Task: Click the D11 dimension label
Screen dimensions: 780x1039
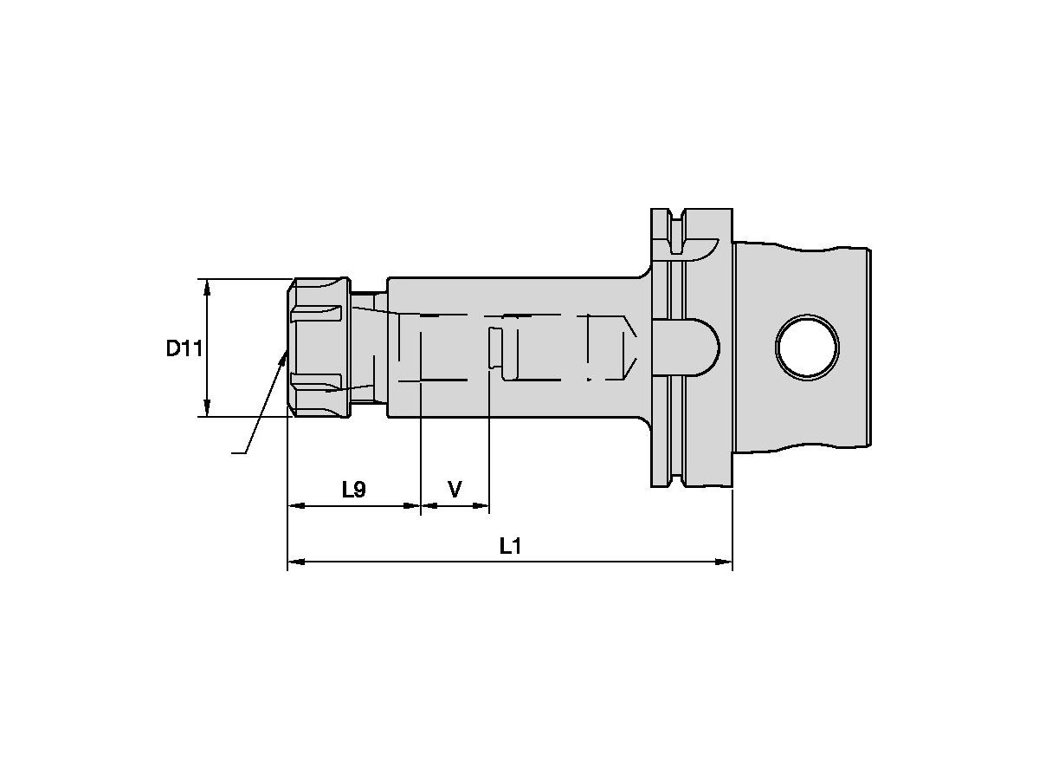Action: [184, 348]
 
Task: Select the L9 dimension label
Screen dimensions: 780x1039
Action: [353, 490]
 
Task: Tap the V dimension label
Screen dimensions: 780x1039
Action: [455, 490]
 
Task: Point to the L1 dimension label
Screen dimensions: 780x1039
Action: [511, 547]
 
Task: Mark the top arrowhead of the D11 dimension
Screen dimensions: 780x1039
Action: [207, 287]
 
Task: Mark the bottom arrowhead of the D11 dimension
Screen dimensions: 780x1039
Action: [207, 408]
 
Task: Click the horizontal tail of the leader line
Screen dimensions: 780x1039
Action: [237, 452]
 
